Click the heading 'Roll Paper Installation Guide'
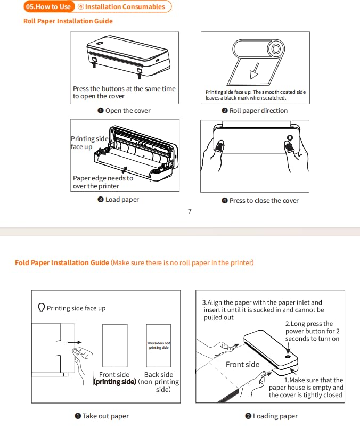[68, 21]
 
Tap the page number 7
[190, 211]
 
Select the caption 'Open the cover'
[124, 111]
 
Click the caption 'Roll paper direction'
[255, 111]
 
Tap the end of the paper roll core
[276, 50]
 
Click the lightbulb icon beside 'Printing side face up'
[42, 308]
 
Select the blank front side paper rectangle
[115, 345]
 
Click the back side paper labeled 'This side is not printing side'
[159, 345]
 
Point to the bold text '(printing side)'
[114, 382]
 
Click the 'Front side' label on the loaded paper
[242, 365]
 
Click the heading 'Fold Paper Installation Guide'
[62, 263]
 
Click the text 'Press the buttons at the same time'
[124, 89]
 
